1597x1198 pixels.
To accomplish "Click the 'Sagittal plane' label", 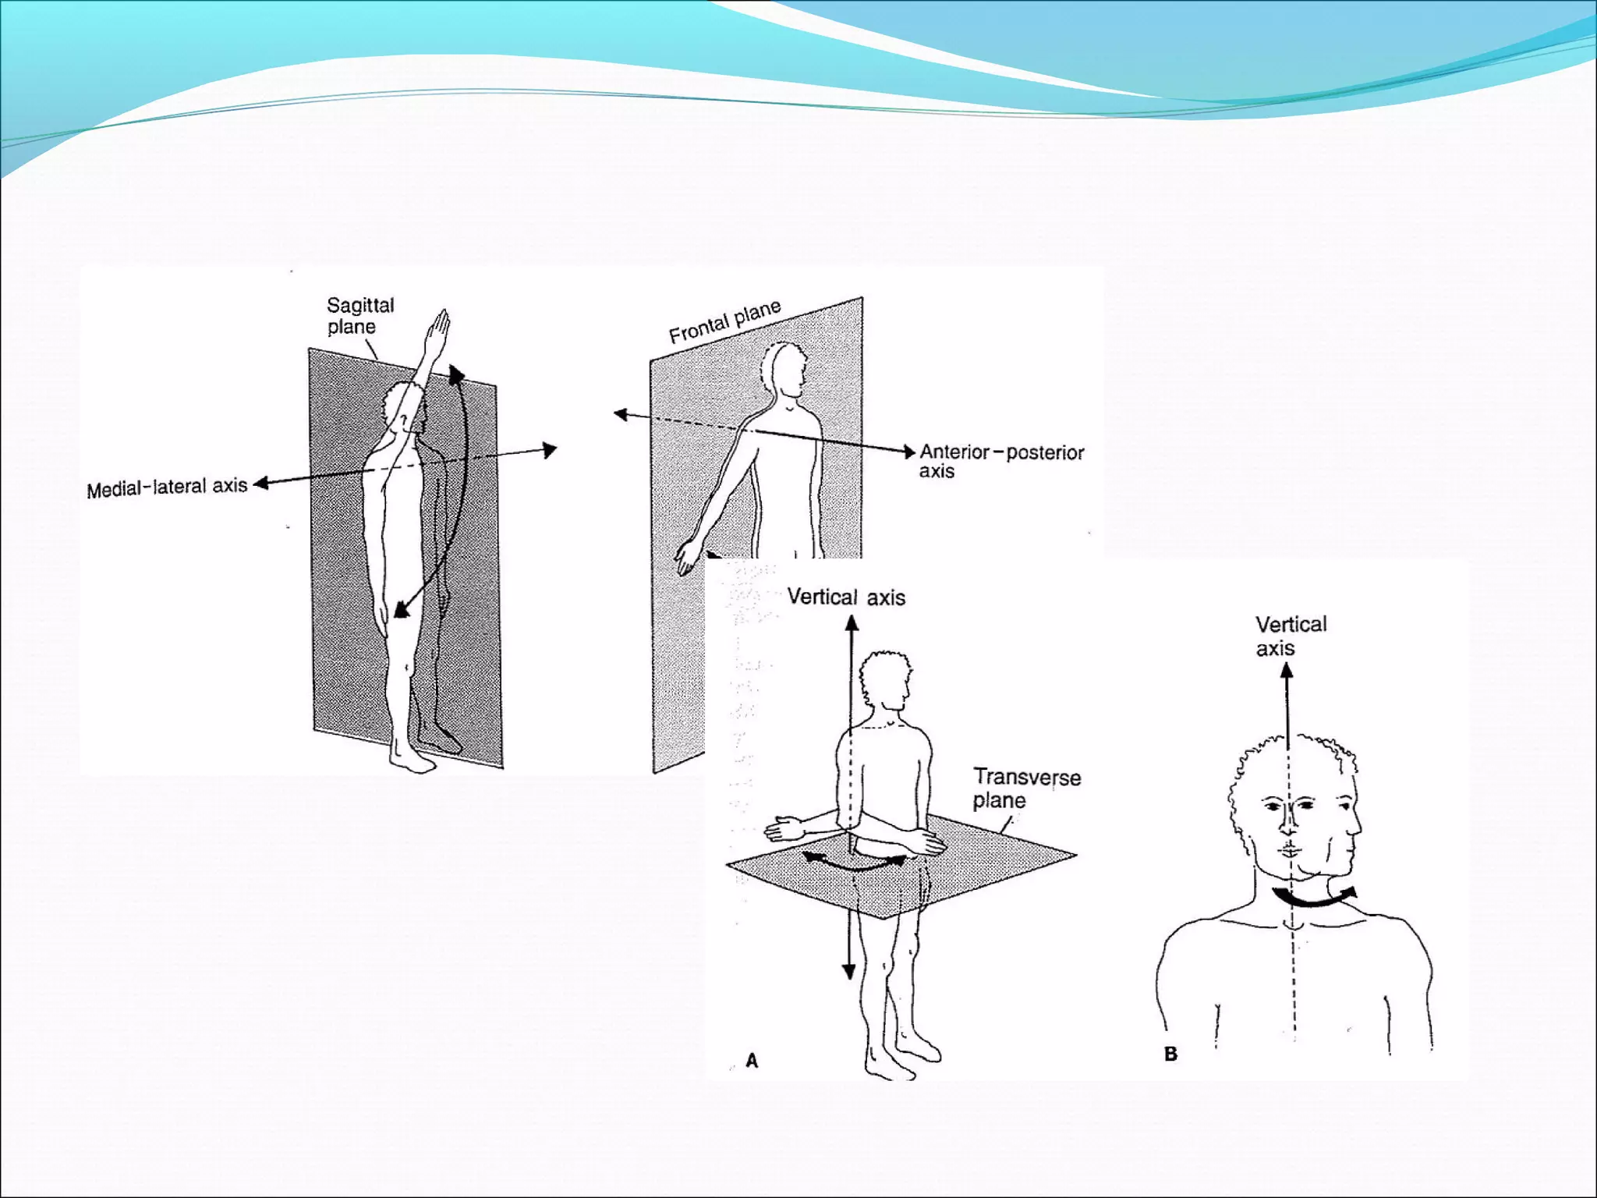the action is (x=360, y=316).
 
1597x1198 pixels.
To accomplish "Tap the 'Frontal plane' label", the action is (x=725, y=321).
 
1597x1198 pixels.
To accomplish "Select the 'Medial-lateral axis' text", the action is (x=167, y=488).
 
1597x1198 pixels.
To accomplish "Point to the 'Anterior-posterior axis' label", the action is (x=1001, y=461).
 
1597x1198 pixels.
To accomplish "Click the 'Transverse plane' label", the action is (x=1026, y=789).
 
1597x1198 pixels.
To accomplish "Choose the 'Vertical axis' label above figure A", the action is (x=846, y=597).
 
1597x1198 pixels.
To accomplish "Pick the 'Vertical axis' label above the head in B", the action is (x=1291, y=636).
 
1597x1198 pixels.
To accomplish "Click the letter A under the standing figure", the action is (x=752, y=1061).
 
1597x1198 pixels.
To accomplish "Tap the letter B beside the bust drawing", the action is (x=1170, y=1054).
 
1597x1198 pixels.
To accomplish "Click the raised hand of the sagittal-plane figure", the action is (x=438, y=331).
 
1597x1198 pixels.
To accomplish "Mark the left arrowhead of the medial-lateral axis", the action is (x=262, y=484).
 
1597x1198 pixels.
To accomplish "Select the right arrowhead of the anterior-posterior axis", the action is (x=908, y=452).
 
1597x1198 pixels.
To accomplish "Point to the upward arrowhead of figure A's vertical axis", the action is (x=852, y=623).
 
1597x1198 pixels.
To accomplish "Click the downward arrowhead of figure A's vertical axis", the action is (x=849, y=971).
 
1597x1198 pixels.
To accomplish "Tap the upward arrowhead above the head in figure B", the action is (x=1287, y=671).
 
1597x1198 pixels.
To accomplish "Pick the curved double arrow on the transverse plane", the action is (x=855, y=862).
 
